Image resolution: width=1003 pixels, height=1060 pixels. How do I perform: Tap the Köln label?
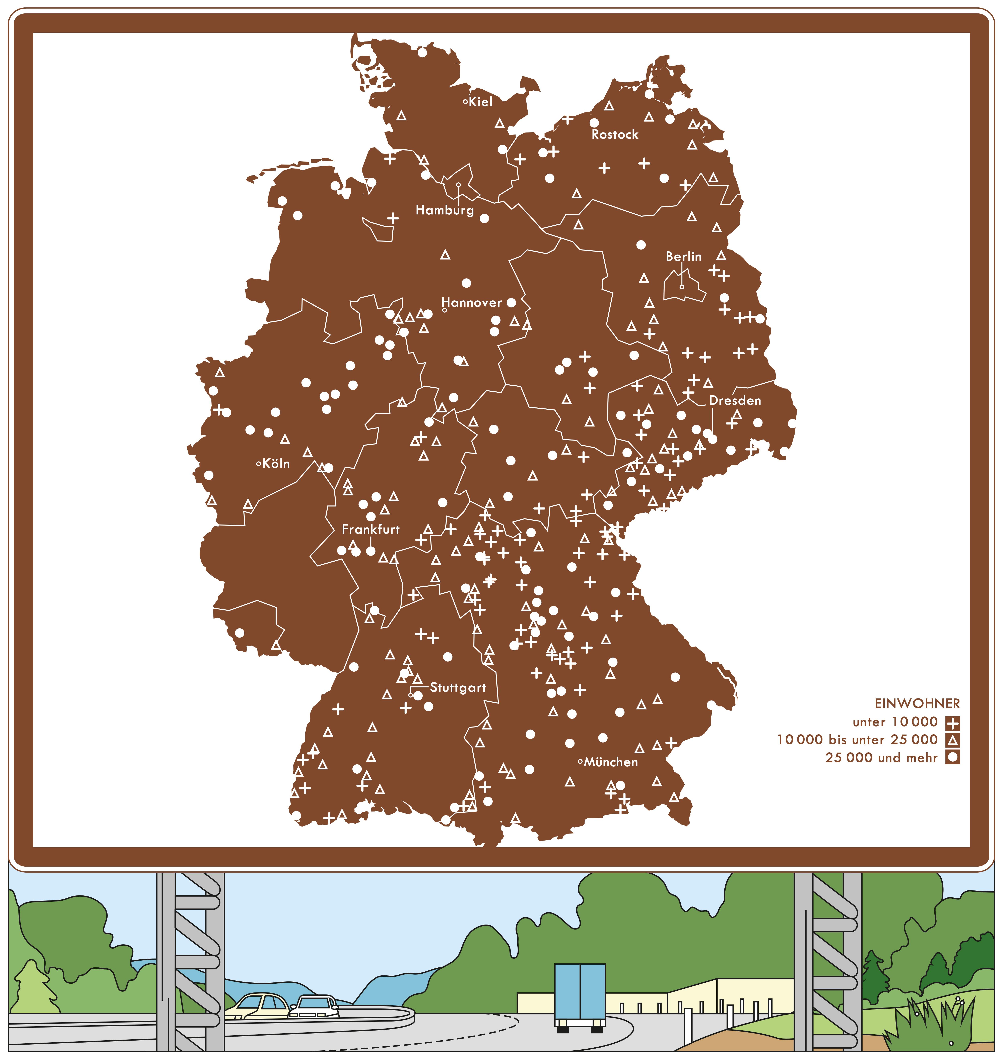click(276, 464)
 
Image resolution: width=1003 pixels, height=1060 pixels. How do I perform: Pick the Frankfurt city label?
click(371, 529)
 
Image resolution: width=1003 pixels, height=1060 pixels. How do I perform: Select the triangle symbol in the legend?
click(952, 741)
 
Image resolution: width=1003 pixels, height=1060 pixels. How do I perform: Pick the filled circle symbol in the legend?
click(952, 758)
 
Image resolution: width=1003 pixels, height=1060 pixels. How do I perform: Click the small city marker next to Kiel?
click(465, 102)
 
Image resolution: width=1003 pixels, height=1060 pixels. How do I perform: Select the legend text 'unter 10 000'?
click(895, 722)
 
